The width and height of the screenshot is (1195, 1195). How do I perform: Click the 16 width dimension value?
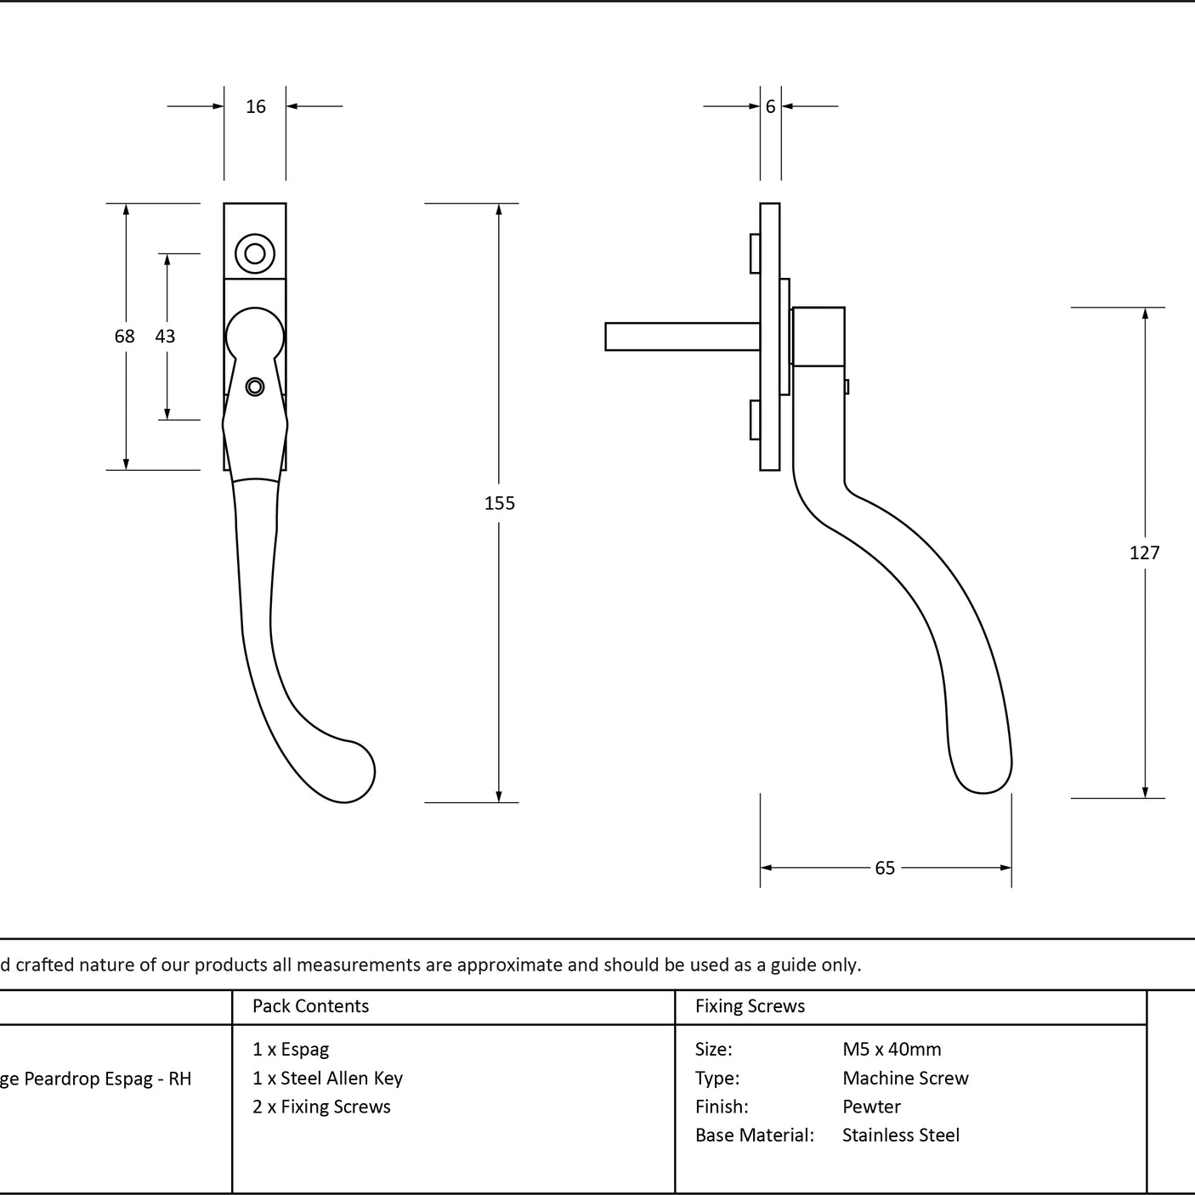[x=256, y=106]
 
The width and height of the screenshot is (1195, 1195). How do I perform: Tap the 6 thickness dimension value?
[x=770, y=106]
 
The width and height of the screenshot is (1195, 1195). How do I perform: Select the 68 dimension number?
[x=125, y=336]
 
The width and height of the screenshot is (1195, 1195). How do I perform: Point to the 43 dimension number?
[x=165, y=336]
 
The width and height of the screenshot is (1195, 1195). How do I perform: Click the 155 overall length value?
[x=499, y=503]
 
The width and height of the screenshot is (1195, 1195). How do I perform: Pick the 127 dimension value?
[x=1144, y=552]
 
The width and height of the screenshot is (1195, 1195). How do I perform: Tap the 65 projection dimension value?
[x=885, y=868]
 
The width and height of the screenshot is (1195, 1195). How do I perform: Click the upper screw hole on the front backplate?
[x=255, y=253]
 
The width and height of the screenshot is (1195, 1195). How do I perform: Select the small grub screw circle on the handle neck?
[x=255, y=387]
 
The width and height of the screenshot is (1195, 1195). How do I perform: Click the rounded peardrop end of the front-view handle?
[x=348, y=773]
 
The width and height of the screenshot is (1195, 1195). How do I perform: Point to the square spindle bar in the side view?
[x=682, y=337]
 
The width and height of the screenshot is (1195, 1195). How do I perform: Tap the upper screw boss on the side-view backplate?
[x=756, y=253]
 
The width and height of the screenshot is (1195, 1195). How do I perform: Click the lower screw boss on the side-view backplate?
[x=756, y=420]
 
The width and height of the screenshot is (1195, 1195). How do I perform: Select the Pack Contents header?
[x=310, y=1005]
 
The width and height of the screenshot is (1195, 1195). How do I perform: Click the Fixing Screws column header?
[x=750, y=1005]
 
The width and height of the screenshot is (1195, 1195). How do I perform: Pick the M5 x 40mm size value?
[x=892, y=1050]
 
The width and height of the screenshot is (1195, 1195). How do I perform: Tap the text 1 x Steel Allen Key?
[x=327, y=1079]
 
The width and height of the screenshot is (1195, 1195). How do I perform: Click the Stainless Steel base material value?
[x=900, y=1135]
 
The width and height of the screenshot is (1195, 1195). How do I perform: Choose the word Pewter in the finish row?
[x=871, y=1107]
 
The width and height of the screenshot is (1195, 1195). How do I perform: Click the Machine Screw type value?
[x=905, y=1078]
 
